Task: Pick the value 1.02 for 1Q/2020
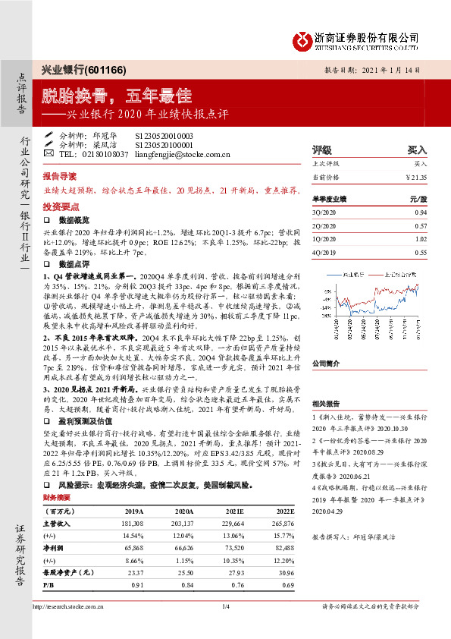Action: [x=420, y=238]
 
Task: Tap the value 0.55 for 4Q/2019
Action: [x=420, y=251]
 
